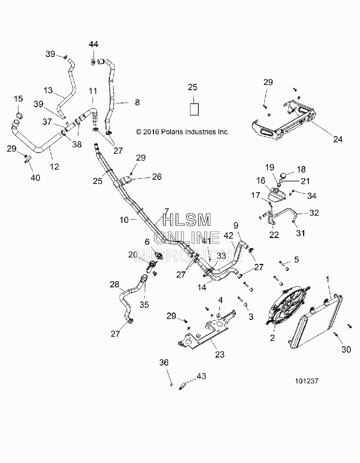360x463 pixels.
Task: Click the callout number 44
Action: (94, 44)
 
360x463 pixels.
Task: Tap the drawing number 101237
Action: (306, 381)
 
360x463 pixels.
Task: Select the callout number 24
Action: (338, 139)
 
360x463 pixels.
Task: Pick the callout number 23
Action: (220, 354)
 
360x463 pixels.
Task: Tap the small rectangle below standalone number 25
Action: (194, 109)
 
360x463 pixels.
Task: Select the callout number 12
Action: (54, 166)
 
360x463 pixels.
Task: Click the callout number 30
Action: (346, 349)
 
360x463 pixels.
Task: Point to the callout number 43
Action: (201, 376)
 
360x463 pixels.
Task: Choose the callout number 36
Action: (164, 362)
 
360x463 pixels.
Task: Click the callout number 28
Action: (114, 284)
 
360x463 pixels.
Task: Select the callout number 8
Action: (138, 103)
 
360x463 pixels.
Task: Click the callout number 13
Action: (48, 90)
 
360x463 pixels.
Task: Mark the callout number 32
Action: (314, 213)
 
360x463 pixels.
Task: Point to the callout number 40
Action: (35, 177)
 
